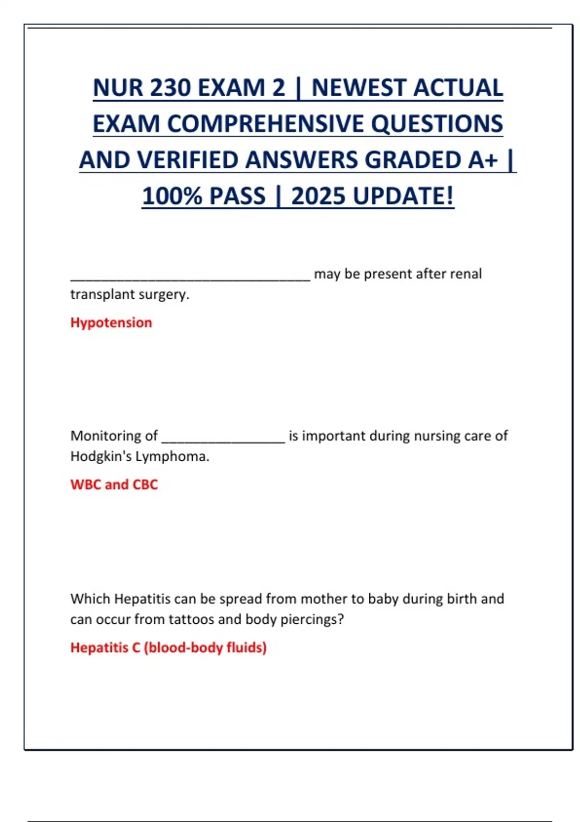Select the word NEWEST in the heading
click(x=359, y=88)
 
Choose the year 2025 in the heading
click(x=318, y=197)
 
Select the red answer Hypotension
click(x=111, y=323)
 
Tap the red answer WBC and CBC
click(x=114, y=484)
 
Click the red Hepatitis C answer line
click(x=168, y=647)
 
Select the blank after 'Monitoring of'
click(x=223, y=439)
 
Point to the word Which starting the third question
click(x=90, y=599)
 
